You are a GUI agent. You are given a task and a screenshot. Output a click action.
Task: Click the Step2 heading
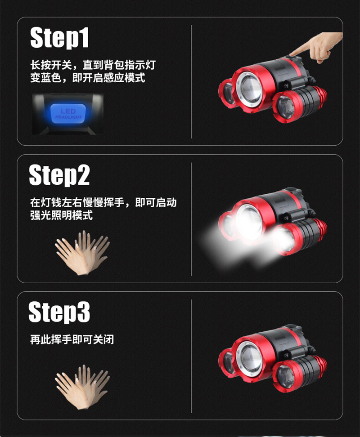click(x=59, y=175)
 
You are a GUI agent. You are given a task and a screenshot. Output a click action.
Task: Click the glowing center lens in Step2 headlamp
click(x=249, y=222)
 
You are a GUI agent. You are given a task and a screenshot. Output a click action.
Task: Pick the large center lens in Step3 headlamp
click(x=249, y=356)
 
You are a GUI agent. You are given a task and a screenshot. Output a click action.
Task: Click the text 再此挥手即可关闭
click(x=72, y=339)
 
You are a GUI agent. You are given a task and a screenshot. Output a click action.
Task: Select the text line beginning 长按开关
click(x=93, y=65)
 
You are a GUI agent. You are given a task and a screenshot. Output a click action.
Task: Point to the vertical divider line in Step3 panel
click(x=191, y=355)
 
